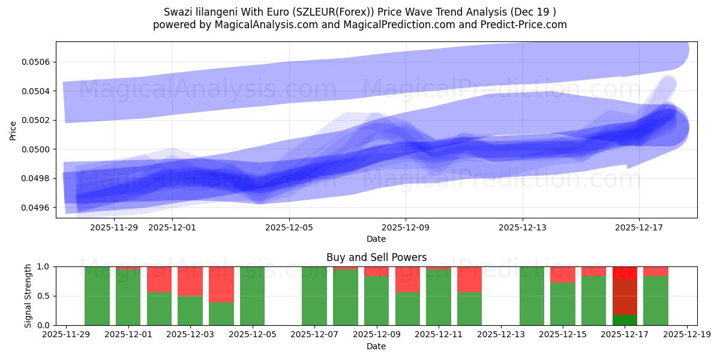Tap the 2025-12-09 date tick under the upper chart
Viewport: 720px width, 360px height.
coord(406,227)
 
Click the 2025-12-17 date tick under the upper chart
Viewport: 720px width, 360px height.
coord(639,227)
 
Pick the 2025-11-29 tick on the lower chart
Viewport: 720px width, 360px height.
coord(66,335)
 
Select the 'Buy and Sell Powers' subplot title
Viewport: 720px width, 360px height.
coord(376,257)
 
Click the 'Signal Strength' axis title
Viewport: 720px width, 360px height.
coord(28,296)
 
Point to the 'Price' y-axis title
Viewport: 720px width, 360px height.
coord(13,130)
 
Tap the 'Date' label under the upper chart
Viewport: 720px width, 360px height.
coord(376,239)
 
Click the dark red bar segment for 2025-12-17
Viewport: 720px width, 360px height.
coord(625,296)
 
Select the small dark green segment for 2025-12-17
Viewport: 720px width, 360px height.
coord(625,320)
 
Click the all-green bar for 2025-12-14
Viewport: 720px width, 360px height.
coord(532,296)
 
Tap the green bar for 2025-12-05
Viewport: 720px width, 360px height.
coord(252,296)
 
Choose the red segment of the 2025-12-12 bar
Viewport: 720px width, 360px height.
coord(469,279)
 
